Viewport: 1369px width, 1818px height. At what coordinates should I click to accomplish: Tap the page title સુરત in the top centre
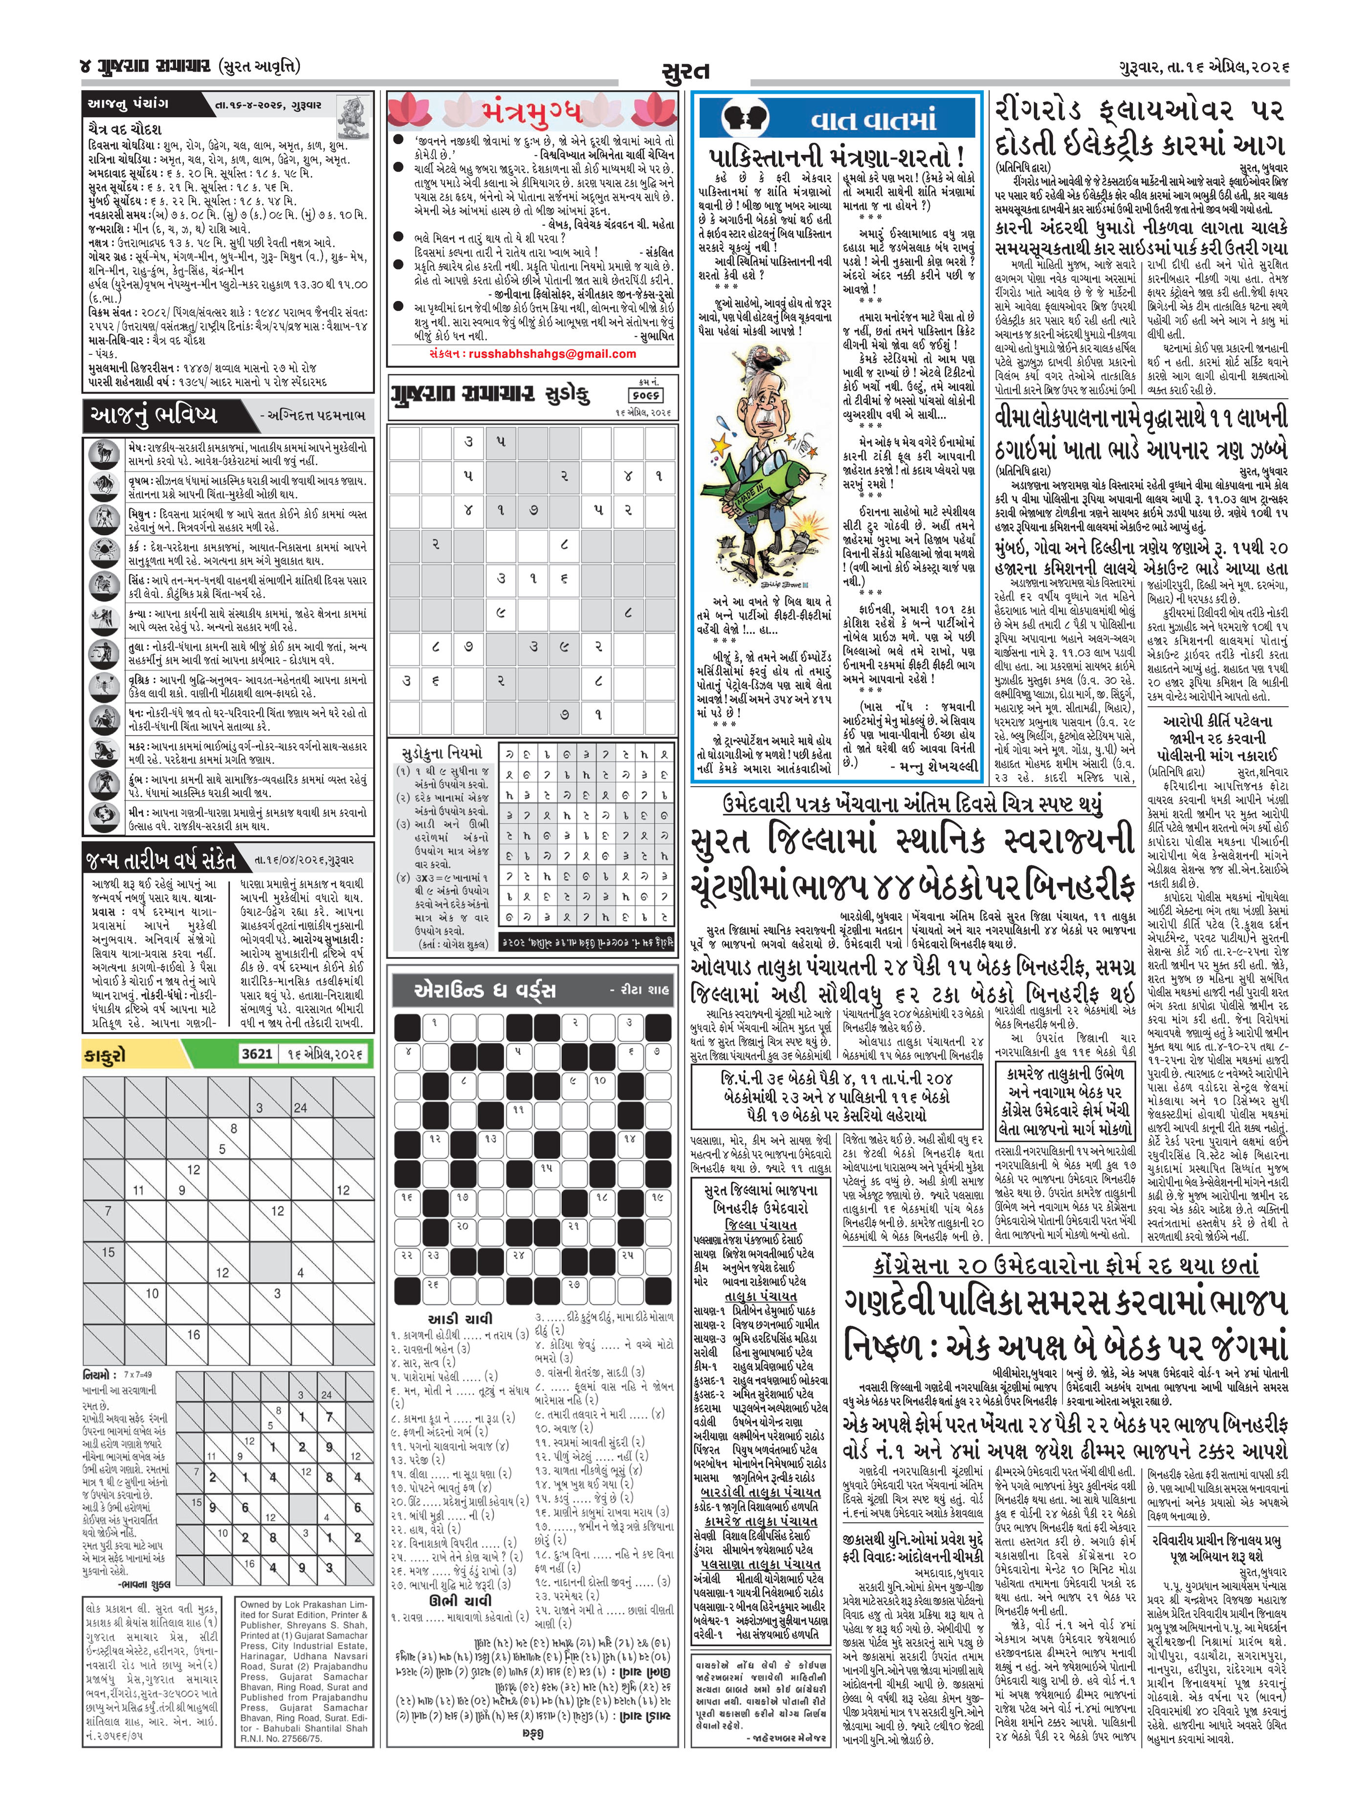point(685,74)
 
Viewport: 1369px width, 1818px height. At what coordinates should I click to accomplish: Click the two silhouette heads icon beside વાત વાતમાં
point(744,119)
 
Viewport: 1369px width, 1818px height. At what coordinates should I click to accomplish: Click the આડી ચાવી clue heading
point(461,1319)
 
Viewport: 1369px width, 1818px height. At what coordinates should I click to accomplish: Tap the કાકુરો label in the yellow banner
point(105,1055)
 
